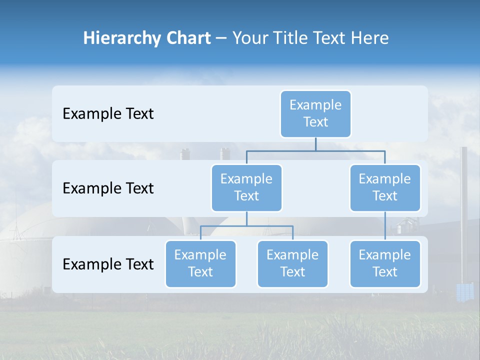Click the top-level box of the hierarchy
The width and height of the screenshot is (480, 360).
tap(315, 113)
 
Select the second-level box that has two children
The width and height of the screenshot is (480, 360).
tap(246, 187)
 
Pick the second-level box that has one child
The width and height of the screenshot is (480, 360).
tap(385, 187)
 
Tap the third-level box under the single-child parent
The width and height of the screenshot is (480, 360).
tap(385, 263)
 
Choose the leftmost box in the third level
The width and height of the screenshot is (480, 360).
tap(200, 263)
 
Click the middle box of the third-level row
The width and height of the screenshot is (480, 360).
tap(292, 263)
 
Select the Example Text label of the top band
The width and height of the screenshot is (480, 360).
tap(108, 114)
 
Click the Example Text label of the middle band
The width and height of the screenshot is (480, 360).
tap(108, 188)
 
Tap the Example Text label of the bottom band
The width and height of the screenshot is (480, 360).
tap(108, 264)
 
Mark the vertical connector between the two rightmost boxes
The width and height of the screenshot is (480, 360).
tap(385, 226)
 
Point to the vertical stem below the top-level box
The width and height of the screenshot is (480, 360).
tap(315, 144)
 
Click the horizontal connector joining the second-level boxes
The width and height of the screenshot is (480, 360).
tap(315, 150)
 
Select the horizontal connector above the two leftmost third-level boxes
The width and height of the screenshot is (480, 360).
tap(246, 226)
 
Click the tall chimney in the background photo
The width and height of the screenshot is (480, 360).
tap(463, 210)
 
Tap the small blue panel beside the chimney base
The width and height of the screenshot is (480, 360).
tap(465, 292)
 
